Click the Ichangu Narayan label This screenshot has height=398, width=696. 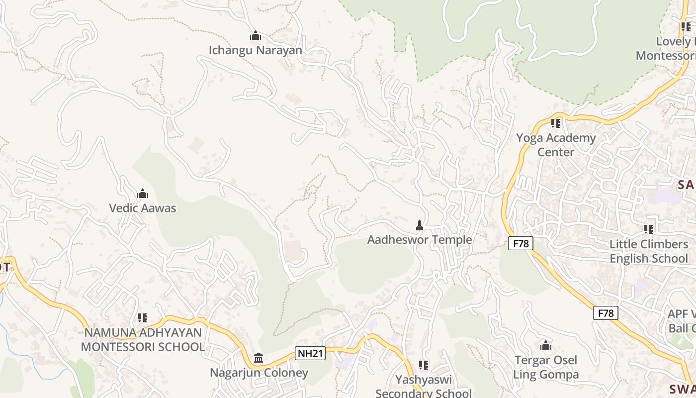tap(255, 50)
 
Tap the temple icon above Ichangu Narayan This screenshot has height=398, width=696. tap(256, 36)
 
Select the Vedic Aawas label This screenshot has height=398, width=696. tap(143, 208)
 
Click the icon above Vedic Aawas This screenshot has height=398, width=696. tap(143, 194)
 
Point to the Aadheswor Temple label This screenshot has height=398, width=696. tap(419, 240)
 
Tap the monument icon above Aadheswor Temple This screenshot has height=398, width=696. tap(420, 225)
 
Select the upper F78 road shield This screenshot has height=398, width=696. tap(521, 243)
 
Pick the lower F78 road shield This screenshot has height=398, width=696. tap(606, 313)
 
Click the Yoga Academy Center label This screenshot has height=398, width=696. tap(556, 145)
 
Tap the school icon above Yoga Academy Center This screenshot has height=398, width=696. tap(556, 123)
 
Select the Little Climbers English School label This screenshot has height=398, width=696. tap(649, 251)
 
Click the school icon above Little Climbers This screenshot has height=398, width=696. tap(649, 229)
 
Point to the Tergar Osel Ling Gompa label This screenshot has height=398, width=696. tap(546, 367)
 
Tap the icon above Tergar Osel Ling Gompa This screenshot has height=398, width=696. tap(546, 345)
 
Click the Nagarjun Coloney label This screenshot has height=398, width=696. tap(259, 373)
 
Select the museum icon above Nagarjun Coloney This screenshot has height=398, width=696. tap(259, 358)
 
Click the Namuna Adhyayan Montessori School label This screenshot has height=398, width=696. tap(143, 340)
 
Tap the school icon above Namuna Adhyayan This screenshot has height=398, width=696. tap(143, 317)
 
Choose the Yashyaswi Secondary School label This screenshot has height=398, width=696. tap(424, 387)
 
